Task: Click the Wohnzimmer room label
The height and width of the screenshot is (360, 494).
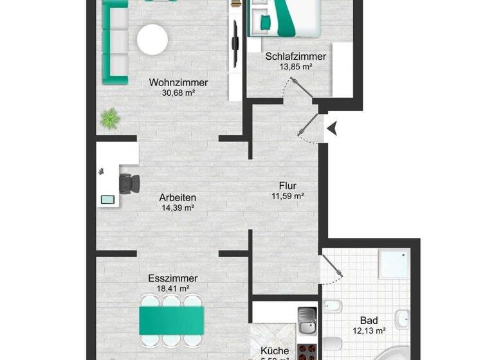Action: click(x=178, y=82)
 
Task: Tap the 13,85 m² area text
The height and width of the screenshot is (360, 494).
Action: click(x=295, y=67)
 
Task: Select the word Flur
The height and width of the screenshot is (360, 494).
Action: click(x=287, y=186)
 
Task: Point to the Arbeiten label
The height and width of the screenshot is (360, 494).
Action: click(x=178, y=197)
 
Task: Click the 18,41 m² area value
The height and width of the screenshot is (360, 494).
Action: click(x=172, y=289)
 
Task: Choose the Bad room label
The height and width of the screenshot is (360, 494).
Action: click(x=369, y=320)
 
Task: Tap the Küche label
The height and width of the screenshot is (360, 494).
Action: click(x=275, y=351)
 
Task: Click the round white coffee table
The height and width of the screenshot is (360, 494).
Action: click(x=152, y=39)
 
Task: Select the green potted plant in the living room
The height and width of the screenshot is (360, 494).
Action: click(x=110, y=118)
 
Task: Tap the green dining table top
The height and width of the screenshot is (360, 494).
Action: click(x=172, y=319)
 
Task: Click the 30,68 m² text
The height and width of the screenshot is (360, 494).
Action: click(x=178, y=93)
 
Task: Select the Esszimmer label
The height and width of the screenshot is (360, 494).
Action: click(x=172, y=278)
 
